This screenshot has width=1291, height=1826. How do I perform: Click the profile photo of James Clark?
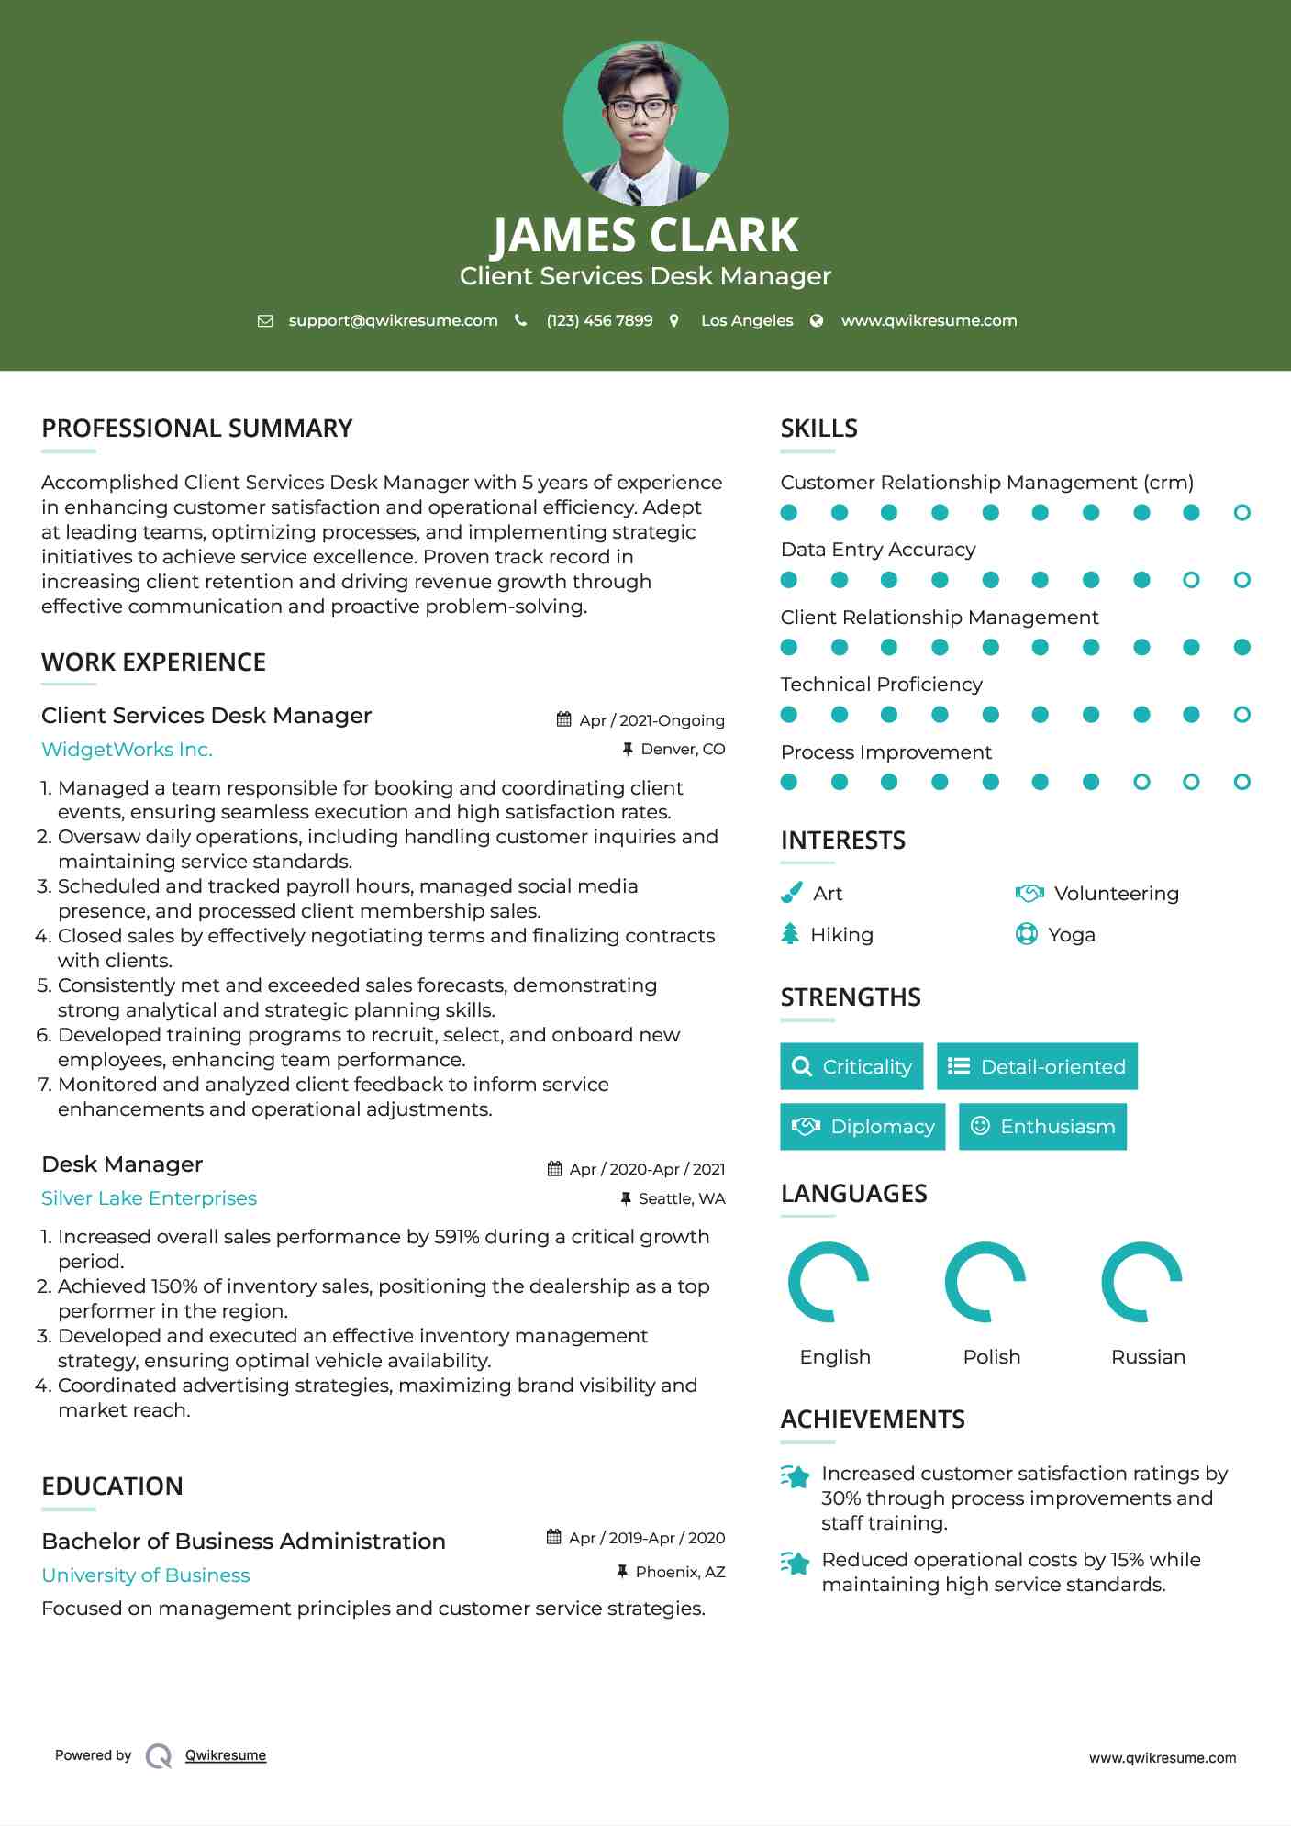pos(645,123)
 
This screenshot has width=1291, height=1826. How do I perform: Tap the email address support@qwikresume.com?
pos(393,320)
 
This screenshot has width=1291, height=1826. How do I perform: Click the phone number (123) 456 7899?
pos(599,320)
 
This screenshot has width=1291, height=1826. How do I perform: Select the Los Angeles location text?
pos(746,320)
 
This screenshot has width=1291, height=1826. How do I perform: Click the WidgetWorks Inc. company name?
pos(127,750)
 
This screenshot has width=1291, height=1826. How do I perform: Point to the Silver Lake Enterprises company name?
pos(149,1198)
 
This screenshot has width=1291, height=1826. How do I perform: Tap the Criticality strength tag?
pos(851,1066)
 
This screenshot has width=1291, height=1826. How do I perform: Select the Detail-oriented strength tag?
pos(1037,1066)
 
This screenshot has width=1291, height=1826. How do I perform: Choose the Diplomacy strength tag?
pos(863,1127)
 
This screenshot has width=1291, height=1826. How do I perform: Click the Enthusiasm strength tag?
pos(1042,1127)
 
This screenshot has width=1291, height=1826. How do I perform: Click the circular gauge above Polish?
pos(985,1282)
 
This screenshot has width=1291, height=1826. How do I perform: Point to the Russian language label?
pos(1148,1357)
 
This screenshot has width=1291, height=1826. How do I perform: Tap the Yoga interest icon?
pos(1027,934)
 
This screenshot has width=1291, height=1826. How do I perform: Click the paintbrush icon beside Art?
pos(791,893)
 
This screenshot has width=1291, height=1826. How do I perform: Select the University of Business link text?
pos(145,1575)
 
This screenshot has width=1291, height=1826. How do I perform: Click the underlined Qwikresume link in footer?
pos(226,1755)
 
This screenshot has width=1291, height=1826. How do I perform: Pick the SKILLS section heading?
pos(818,429)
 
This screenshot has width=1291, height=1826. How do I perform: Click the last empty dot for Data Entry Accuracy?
pos(1242,580)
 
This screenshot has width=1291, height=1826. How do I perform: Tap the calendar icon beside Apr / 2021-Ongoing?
pos(564,720)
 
